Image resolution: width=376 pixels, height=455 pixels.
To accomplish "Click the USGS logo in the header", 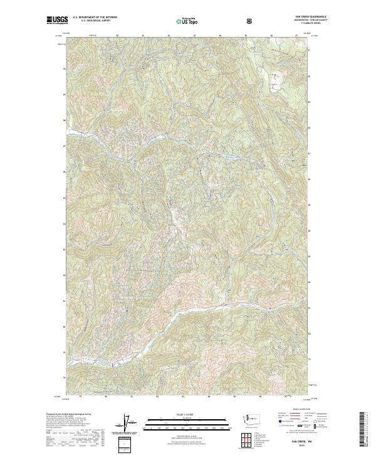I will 57,21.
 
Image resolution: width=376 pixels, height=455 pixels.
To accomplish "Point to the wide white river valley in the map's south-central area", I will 207,314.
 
